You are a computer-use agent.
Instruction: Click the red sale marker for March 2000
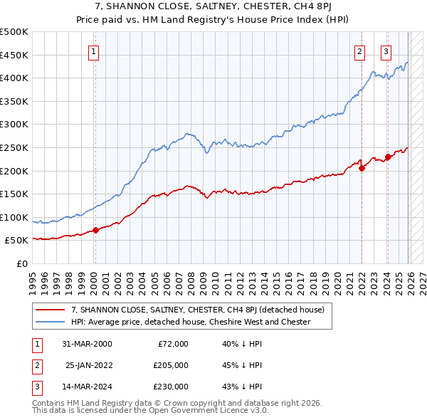(x=95, y=230)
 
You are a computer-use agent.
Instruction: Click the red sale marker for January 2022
(x=362, y=168)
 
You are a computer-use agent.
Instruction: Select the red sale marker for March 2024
(x=388, y=157)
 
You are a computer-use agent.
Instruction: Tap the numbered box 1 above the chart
(x=94, y=51)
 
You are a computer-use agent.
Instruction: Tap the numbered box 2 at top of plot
(x=360, y=51)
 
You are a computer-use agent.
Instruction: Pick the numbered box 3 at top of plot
(x=386, y=51)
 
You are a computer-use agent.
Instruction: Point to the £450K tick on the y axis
(x=14, y=55)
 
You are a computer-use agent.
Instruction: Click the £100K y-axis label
(x=14, y=217)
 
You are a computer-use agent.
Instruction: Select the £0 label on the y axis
(x=21, y=263)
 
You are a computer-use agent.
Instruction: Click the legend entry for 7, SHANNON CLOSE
(x=198, y=310)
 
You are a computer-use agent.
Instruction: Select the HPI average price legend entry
(x=191, y=322)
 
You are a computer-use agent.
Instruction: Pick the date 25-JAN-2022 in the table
(x=89, y=365)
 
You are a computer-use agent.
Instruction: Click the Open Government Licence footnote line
(x=150, y=411)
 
